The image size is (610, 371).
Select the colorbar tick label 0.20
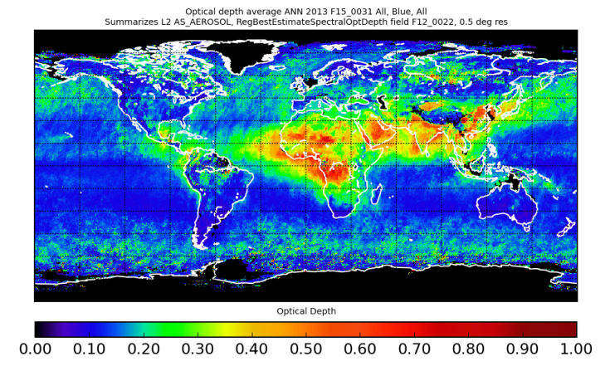[x=143, y=352]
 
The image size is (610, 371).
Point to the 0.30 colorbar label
[x=197, y=352]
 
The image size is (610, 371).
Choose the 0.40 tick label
[x=251, y=352]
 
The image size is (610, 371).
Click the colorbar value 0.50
[x=305, y=352]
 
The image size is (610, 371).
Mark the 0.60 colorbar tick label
[x=359, y=352]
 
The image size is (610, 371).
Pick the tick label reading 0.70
[x=414, y=352]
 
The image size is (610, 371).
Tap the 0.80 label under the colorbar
[x=468, y=352]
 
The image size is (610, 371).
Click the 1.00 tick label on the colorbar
[x=576, y=352]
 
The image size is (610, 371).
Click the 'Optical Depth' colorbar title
[x=305, y=311]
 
